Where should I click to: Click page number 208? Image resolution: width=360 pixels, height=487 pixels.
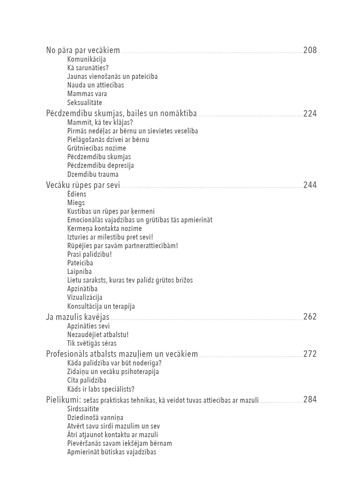310,50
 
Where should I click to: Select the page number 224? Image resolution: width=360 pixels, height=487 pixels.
310,114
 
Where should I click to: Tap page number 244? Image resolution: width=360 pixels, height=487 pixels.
310,185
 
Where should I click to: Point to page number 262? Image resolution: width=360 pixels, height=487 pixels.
310,317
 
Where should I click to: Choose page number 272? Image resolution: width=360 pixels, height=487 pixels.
310,354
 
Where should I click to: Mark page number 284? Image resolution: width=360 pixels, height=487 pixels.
310,399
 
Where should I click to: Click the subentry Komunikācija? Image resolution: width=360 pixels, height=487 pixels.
86,60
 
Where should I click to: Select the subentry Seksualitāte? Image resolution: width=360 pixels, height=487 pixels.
84,103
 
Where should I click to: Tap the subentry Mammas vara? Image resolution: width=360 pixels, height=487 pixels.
87,94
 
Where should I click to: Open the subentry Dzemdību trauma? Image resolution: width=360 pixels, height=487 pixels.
93,175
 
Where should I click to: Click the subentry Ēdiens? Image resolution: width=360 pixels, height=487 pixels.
77,194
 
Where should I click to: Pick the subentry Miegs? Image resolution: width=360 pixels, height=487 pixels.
76,203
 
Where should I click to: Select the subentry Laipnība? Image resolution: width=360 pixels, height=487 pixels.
79,272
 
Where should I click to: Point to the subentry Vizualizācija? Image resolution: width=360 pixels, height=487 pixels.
85,298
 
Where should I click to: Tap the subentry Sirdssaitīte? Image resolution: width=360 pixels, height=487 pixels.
83,409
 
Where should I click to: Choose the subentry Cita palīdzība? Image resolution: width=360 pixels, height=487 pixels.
86,380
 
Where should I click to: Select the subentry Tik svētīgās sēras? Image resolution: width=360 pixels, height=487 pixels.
91,344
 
